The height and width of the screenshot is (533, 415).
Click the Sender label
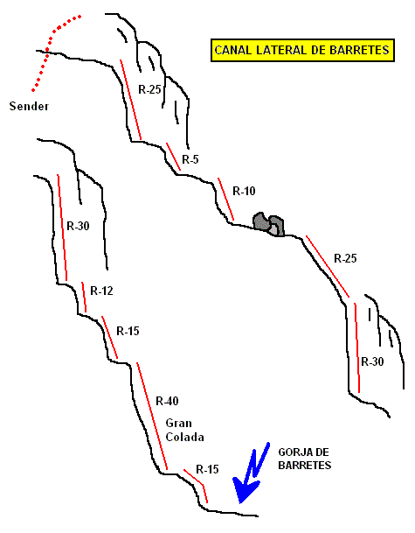(x=29, y=107)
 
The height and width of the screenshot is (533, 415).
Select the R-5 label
(x=190, y=159)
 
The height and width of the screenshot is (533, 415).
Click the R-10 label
(x=244, y=191)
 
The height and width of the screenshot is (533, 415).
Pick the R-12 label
(x=101, y=291)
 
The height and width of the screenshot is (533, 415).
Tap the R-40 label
(x=167, y=401)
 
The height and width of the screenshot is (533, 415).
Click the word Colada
(x=184, y=437)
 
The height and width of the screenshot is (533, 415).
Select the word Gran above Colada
(x=178, y=424)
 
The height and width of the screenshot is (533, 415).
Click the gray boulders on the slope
(x=268, y=224)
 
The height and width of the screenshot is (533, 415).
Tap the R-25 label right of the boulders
(x=345, y=258)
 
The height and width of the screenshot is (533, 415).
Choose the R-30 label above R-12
(x=78, y=226)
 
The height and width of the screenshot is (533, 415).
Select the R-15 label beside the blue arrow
(x=207, y=469)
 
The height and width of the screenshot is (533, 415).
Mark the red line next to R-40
(x=152, y=416)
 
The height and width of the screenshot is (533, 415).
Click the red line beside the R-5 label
(x=173, y=157)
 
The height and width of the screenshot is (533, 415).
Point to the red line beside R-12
(x=84, y=297)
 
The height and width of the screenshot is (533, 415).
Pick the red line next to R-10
(x=225, y=199)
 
